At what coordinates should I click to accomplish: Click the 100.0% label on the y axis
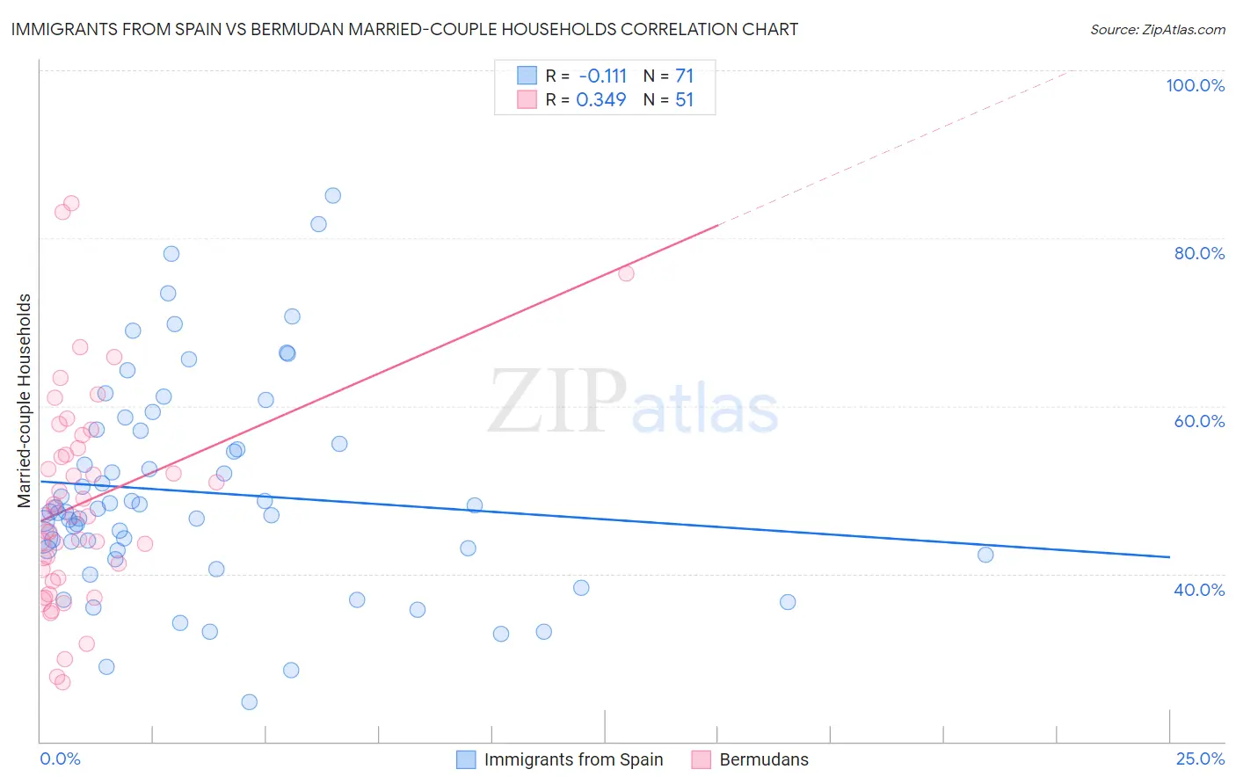click(x=1195, y=85)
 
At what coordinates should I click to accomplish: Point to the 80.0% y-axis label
click(x=1199, y=253)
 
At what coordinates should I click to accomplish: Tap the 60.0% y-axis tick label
click(x=1199, y=421)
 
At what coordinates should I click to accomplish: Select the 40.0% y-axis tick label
click(x=1199, y=590)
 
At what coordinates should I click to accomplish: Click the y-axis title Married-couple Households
click(x=25, y=401)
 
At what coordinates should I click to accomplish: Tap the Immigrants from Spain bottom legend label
click(x=573, y=759)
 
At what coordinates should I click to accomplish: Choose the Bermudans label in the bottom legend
click(x=763, y=759)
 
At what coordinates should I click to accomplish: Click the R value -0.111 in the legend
click(x=602, y=76)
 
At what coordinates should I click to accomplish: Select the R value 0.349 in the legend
click(x=601, y=100)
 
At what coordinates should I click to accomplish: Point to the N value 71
click(x=684, y=76)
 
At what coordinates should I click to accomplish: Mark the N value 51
click(x=684, y=100)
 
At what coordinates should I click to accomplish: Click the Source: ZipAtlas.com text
click(x=1157, y=30)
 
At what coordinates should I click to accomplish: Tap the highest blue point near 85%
click(x=332, y=196)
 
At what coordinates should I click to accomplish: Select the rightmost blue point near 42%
click(x=985, y=555)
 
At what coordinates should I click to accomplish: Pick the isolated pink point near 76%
click(x=626, y=273)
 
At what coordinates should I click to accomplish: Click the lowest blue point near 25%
click(x=250, y=702)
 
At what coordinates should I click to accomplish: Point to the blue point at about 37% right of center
click(x=788, y=602)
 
